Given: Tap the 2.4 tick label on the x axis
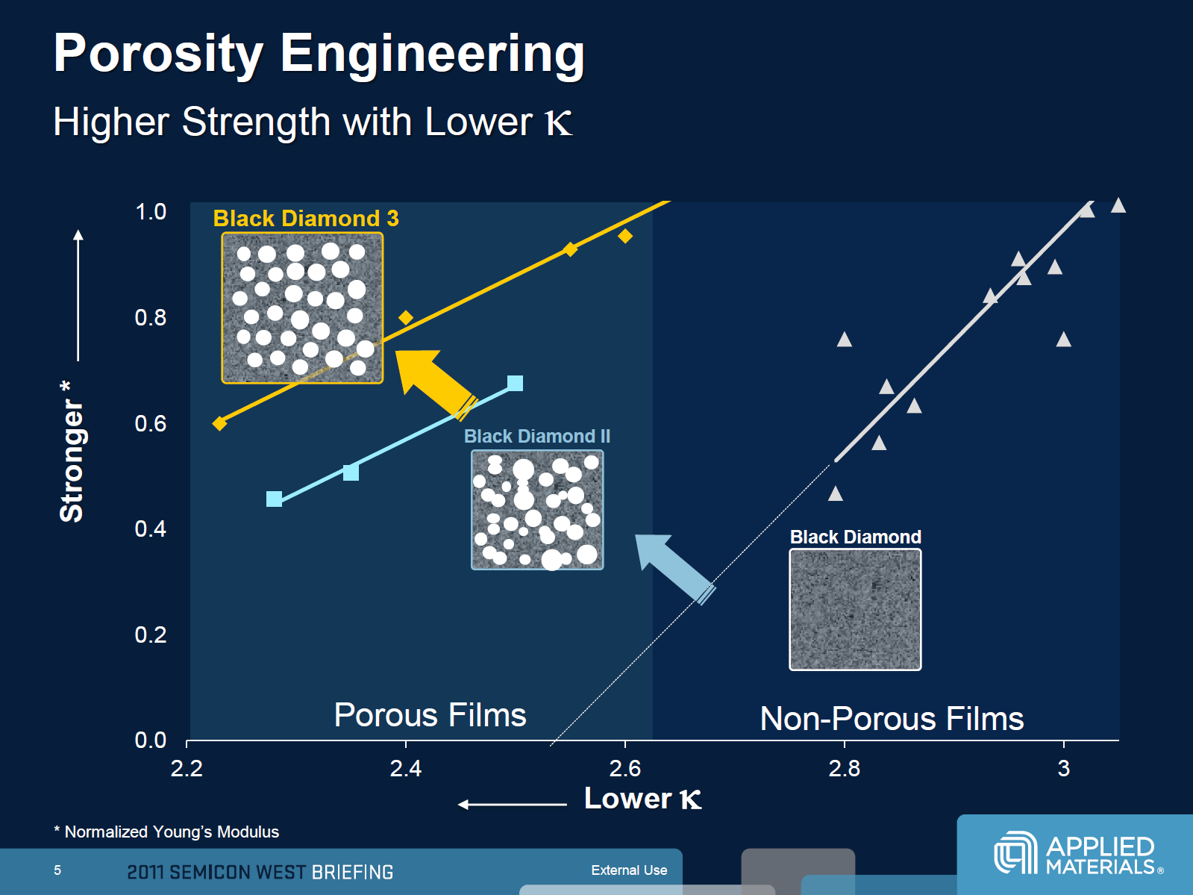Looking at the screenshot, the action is click(x=405, y=768).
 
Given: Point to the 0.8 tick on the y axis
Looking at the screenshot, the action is click(x=151, y=317).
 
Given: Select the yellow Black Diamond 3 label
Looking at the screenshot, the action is click(x=305, y=219).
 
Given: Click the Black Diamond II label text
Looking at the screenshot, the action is click(x=537, y=436).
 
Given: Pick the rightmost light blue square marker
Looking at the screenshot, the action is click(x=516, y=384).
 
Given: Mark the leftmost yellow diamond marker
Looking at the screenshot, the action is click(x=219, y=423).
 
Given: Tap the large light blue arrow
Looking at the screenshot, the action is click(x=674, y=567).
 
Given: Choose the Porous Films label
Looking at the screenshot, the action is click(x=430, y=714).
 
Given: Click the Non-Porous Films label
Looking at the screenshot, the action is click(x=892, y=718).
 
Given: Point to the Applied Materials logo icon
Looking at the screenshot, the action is click(x=1015, y=852).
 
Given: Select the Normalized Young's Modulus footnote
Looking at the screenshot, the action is click(x=166, y=832).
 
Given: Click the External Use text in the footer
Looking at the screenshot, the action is click(x=629, y=870).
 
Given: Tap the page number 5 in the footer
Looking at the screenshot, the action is click(x=57, y=870).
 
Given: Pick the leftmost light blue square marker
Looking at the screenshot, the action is click(x=274, y=499).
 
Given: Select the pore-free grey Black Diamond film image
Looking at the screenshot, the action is click(x=855, y=610).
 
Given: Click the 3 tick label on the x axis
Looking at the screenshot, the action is click(x=1064, y=768).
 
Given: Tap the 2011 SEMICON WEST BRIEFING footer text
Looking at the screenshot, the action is click(x=260, y=872).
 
